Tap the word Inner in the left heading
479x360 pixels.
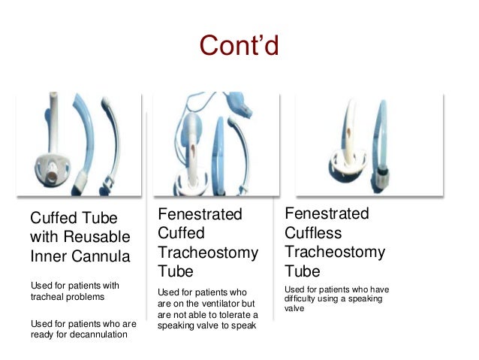point(47,256)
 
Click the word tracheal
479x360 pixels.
point(47,298)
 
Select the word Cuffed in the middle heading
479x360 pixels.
point(181,234)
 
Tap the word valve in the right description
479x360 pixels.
point(294,309)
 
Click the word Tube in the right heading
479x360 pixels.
point(302,271)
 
